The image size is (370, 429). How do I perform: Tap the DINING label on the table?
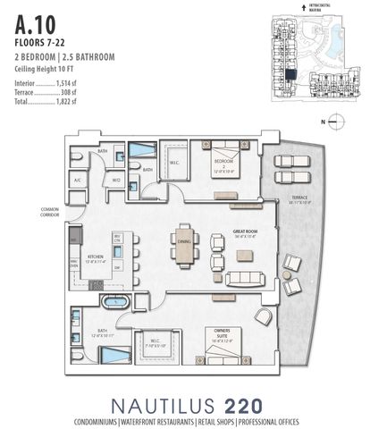[184, 240]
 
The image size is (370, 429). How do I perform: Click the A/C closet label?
[79, 181]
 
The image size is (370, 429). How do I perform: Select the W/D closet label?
[117, 181]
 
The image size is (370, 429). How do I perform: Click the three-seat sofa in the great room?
[245, 278]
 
